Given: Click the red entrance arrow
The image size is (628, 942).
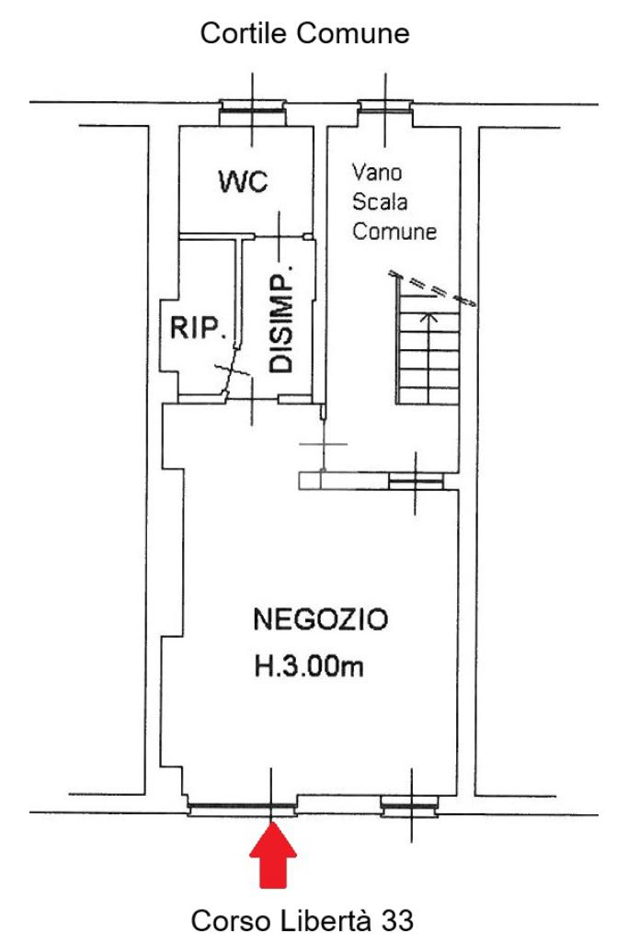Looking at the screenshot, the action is (273, 855).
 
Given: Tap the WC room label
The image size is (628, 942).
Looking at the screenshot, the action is (243, 181).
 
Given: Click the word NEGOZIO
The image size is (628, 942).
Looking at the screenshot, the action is (321, 619).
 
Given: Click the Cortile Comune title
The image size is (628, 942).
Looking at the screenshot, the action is (305, 36).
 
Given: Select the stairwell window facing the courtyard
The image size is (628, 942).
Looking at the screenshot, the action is (385, 108).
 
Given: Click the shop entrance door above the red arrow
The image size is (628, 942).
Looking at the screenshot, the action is (242, 809).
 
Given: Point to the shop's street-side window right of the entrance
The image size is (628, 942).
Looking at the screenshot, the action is (408, 809).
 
